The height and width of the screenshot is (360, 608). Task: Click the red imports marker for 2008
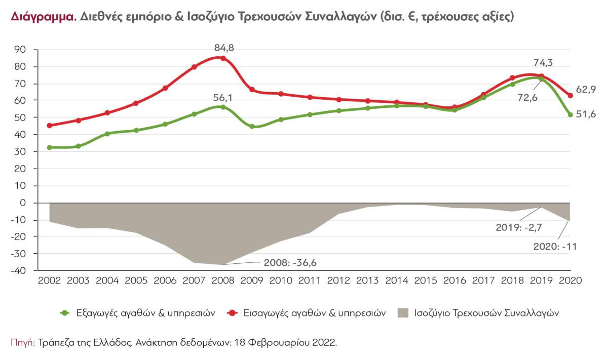pos(223,58)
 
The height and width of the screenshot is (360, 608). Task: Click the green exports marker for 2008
pos(223,107)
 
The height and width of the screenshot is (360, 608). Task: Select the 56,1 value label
pos(223,97)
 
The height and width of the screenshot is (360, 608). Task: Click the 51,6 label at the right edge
pos(586,114)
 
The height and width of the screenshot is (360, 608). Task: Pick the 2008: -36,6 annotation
pos(292,263)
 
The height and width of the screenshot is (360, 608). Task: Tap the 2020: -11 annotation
pos(556,247)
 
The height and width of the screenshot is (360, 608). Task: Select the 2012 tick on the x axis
pos(338,280)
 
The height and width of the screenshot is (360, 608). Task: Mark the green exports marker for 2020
pos(571,115)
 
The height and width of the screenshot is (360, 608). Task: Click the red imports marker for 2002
pos(49,126)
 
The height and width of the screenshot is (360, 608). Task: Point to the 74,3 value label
pos(543,63)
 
